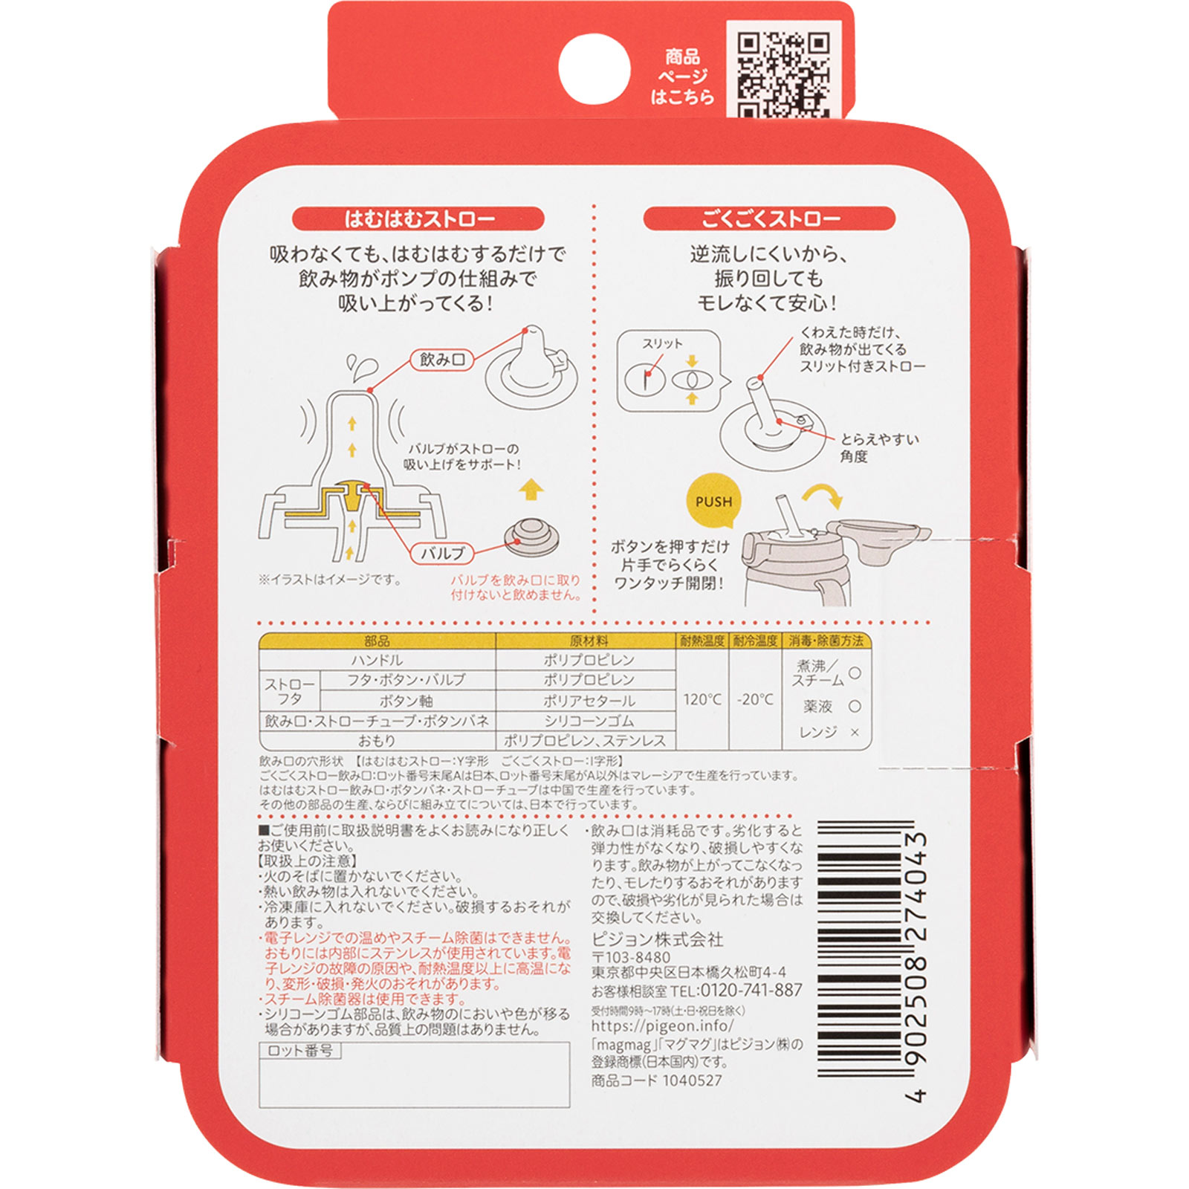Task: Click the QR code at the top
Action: click(x=783, y=74)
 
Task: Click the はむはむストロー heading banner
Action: click(x=418, y=219)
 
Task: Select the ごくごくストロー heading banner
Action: click(x=769, y=219)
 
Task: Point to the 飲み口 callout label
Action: click(x=442, y=360)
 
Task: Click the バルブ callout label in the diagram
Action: click(x=443, y=553)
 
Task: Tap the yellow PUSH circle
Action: click(x=713, y=502)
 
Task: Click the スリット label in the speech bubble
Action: click(x=662, y=343)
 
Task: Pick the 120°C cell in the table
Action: click(x=702, y=699)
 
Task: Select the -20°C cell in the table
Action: click(x=755, y=699)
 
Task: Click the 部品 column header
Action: click(x=377, y=641)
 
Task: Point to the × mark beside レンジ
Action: click(x=855, y=733)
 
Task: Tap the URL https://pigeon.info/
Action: click(x=662, y=1026)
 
